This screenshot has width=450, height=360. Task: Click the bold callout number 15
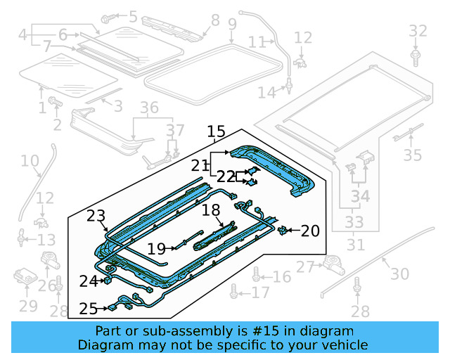216,131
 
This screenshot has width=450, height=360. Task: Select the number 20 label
310,230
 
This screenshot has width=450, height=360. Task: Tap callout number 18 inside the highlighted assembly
212,210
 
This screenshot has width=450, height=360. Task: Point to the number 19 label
157,247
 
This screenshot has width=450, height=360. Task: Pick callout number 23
96,217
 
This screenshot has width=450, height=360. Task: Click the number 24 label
88,281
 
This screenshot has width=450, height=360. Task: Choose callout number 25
89,308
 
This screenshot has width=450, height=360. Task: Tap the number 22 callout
226,177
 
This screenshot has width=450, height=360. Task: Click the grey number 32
418,31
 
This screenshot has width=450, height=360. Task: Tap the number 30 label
399,274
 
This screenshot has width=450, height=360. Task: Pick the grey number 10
30,162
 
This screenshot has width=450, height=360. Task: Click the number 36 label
149,108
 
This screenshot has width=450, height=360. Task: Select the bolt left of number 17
233,292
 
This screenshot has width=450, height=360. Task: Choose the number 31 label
356,245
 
